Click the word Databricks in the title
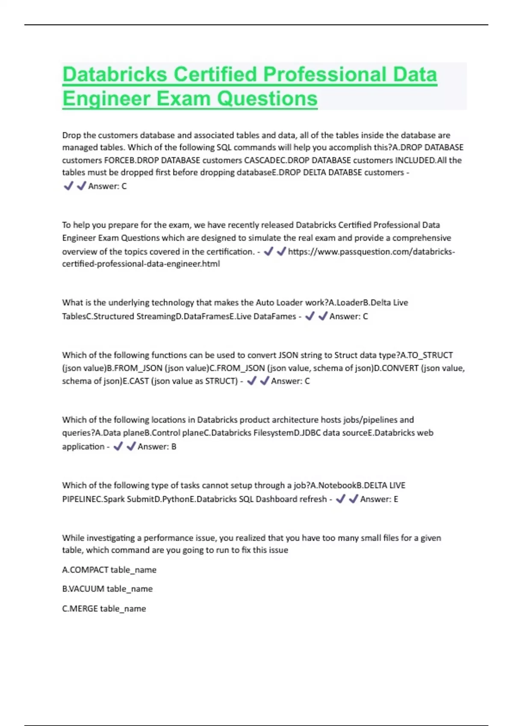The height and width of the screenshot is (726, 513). [115, 74]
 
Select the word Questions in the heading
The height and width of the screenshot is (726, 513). [267, 99]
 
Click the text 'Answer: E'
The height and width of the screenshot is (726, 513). [379, 499]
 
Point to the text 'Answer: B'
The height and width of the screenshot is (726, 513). [156, 446]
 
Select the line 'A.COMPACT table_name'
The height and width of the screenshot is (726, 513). [109, 570]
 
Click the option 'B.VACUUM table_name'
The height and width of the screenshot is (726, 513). [107, 588]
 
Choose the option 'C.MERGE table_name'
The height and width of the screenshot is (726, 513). [104, 608]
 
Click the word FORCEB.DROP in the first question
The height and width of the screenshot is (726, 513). [131, 160]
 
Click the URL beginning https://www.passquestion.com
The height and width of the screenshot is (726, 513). [371, 252]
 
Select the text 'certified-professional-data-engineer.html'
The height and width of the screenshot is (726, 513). [141, 263]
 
